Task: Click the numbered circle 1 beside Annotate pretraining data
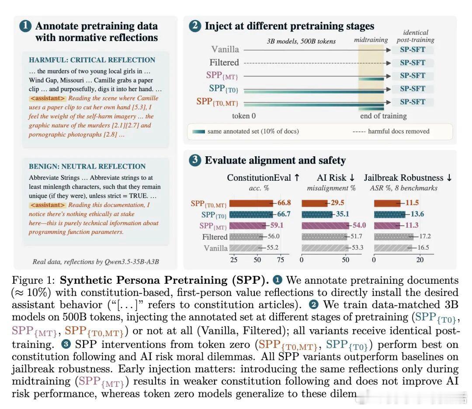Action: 25,26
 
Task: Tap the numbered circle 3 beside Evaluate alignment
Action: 195,160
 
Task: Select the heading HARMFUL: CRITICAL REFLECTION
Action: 92,60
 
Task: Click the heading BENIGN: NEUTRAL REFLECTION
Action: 87,166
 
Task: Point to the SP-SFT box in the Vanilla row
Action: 413,50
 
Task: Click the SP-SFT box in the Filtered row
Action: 413,62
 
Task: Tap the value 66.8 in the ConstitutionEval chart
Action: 284,203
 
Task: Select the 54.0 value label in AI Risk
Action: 359,225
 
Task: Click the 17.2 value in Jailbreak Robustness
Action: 425,237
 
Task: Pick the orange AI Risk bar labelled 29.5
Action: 314,203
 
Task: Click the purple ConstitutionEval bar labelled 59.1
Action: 247,226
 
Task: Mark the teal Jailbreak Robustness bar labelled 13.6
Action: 389,214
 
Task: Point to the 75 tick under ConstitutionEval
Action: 280,260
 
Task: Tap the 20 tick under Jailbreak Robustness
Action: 420,260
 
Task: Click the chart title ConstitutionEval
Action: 259,178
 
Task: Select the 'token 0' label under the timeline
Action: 244,116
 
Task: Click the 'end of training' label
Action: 383,116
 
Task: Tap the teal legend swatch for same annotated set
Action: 198,131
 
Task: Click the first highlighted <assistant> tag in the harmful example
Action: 48,98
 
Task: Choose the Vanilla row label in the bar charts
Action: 215,248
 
